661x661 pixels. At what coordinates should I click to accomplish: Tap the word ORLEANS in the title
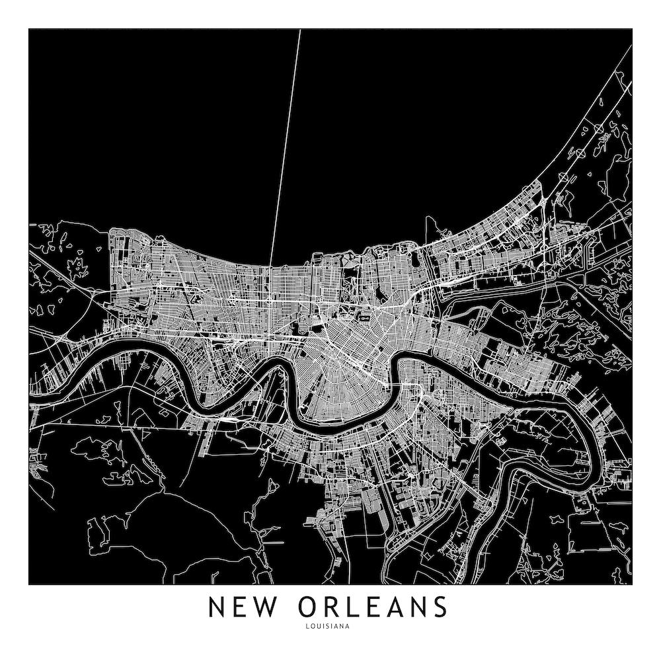(x=373, y=607)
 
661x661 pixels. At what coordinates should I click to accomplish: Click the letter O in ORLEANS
(x=309, y=607)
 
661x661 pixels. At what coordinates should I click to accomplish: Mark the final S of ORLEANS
(x=441, y=607)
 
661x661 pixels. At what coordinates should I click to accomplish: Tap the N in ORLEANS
(x=418, y=607)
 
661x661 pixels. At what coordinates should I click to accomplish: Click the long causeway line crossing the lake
(x=285, y=145)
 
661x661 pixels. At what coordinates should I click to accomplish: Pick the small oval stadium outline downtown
(x=364, y=318)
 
